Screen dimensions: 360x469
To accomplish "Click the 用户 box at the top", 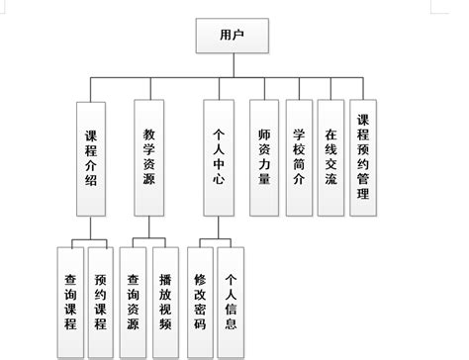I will [x=234, y=38].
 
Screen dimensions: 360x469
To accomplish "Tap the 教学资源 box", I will [x=148, y=156].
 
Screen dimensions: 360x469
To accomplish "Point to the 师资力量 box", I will [x=264, y=156].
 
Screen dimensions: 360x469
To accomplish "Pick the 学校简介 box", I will [x=300, y=156].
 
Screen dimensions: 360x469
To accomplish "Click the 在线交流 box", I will [x=329, y=156].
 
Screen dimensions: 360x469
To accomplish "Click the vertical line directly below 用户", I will [x=234, y=65].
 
